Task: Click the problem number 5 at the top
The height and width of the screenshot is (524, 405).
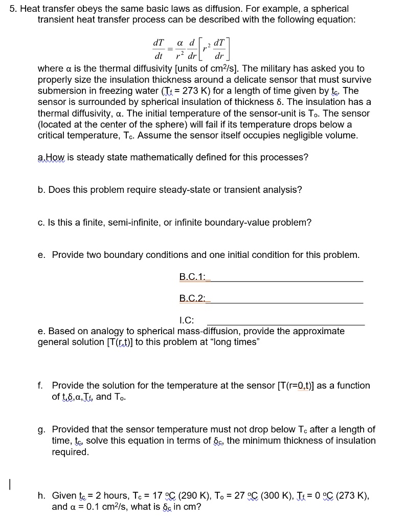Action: click(13, 9)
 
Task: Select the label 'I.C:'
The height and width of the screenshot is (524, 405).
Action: click(187, 320)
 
